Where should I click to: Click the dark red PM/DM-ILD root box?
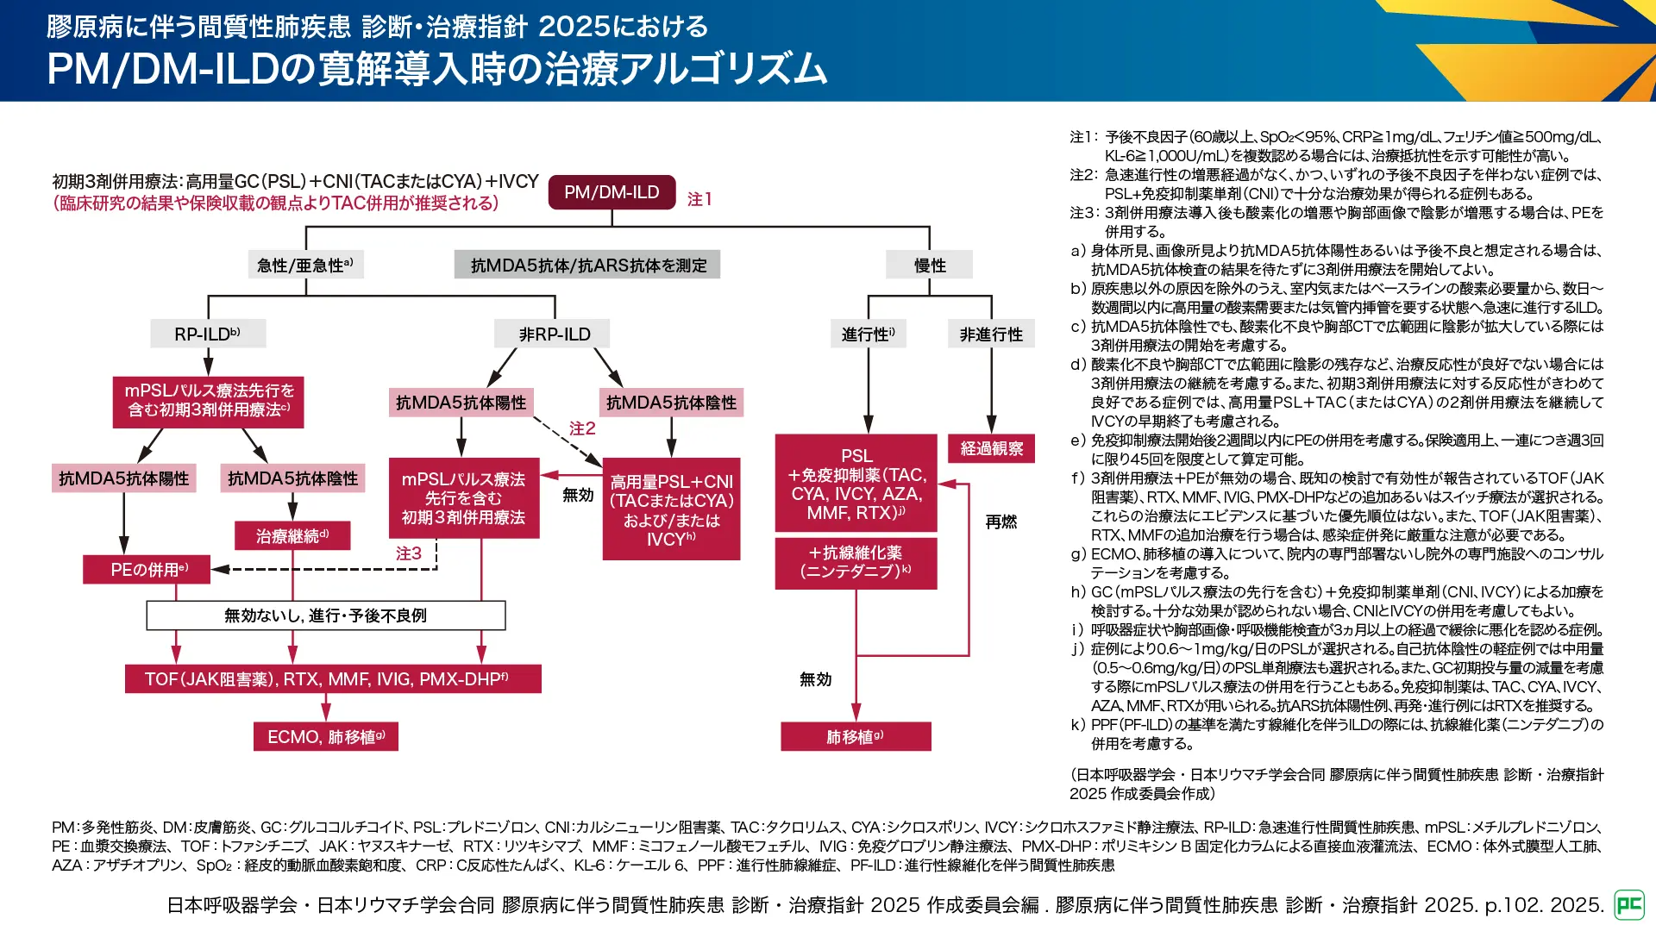(612, 192)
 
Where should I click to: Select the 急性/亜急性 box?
(305, 265)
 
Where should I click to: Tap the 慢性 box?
(930, 265)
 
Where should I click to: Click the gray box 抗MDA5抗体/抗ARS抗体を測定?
(588, 265)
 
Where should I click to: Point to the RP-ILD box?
(208, 334)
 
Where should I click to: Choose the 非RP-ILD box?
(554, 334)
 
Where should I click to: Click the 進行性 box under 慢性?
(868, 334)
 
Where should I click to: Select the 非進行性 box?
(991, 334)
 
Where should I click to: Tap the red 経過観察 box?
(991, 448)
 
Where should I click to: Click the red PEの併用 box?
(147, 569)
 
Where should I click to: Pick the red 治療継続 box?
(292, 536)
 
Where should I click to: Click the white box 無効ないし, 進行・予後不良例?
(325, 615)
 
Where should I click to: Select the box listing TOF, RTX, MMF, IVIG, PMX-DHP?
(332, 679)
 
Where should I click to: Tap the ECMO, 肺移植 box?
(326, 737)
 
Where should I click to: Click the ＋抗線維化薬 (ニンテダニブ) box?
(856, 562)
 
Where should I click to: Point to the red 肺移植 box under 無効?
(856, 737)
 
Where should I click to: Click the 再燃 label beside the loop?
(1001, 522)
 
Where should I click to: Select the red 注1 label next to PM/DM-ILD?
(699, 199)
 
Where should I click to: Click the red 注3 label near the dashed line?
(409, 553)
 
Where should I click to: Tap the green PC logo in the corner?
(1628, 904)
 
